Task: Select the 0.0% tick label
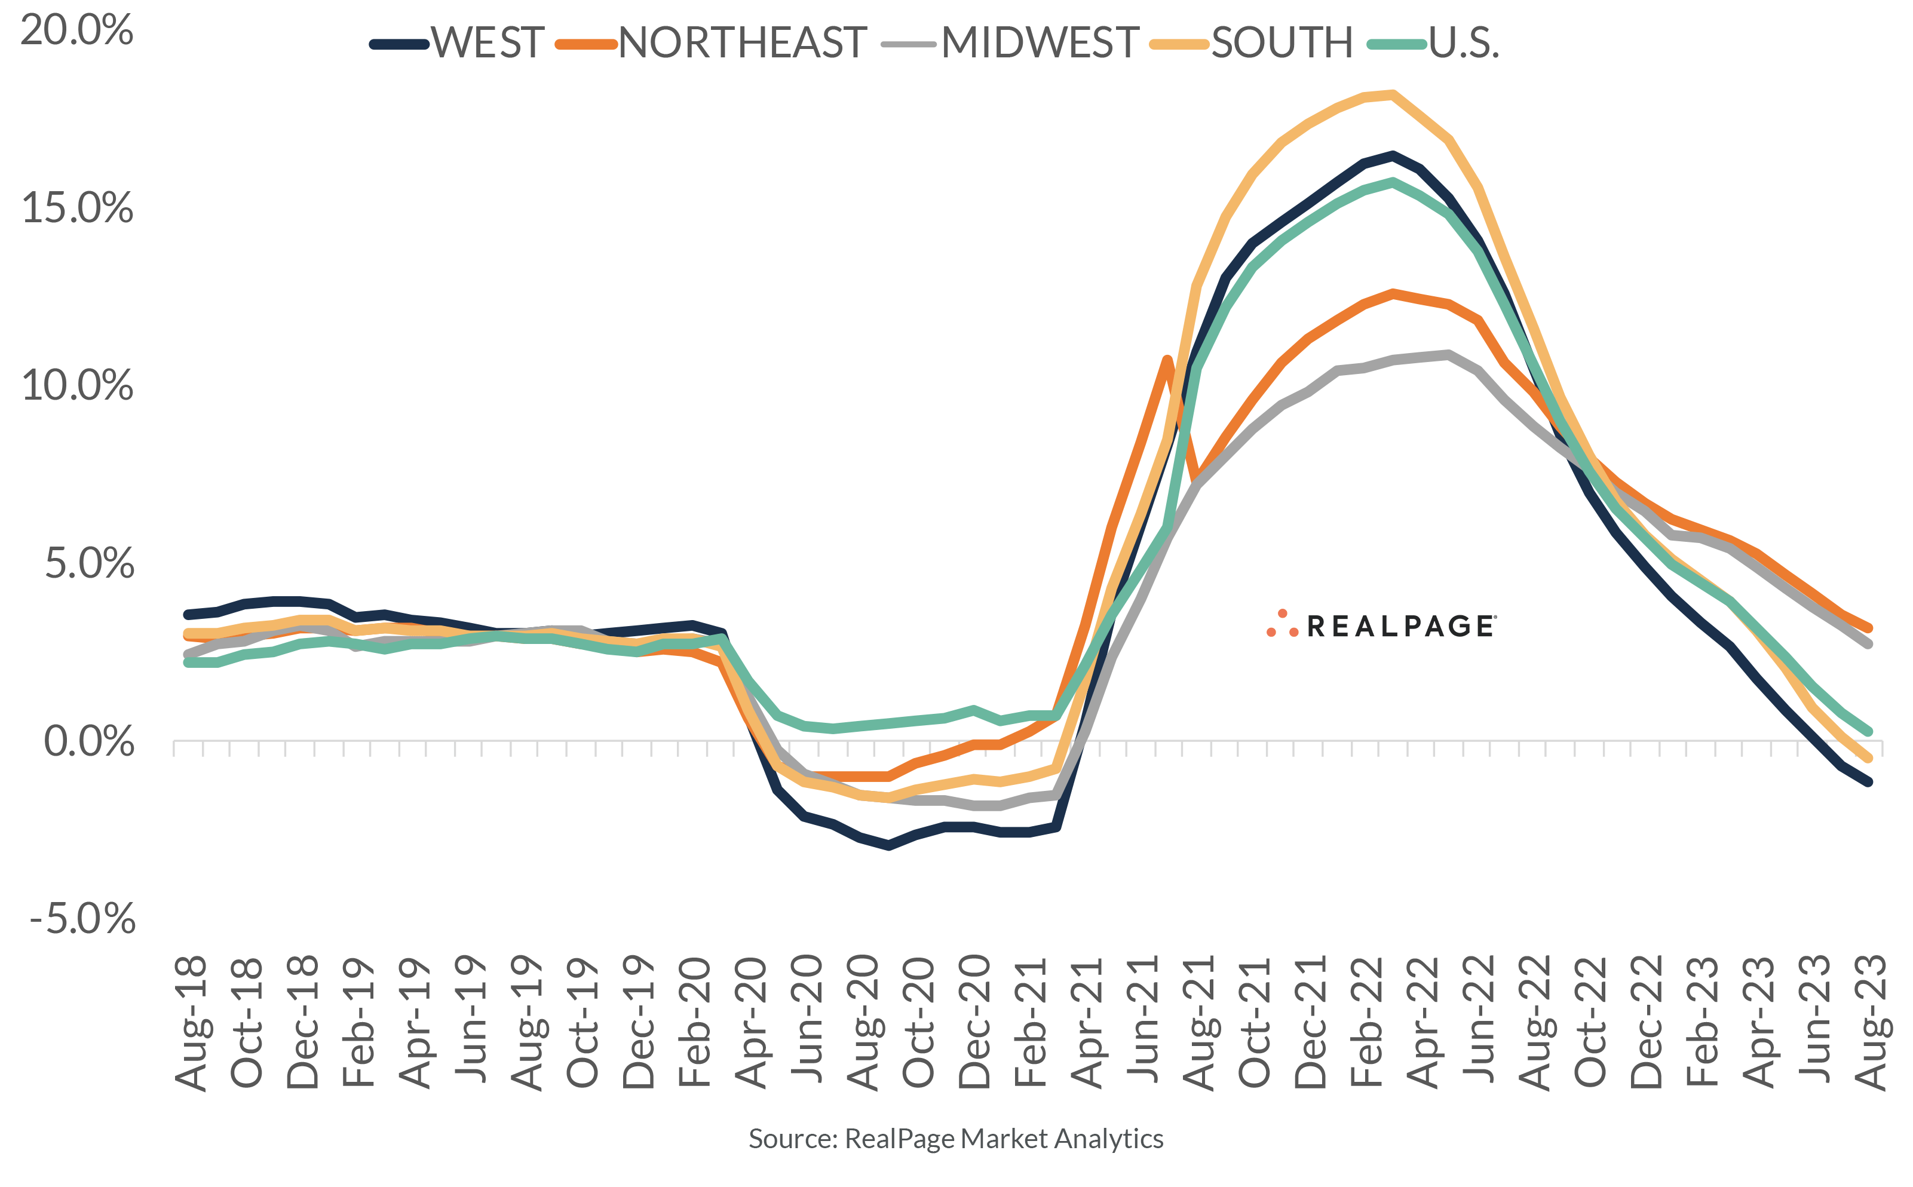click(x=88, y=742)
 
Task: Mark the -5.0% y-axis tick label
click(x=82, y=919)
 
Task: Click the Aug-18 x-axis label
click(x=191, y=1023)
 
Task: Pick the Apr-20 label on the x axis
click(x=750, y=1023)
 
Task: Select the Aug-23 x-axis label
click(x=1870, y=1023)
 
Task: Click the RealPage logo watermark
click(x=1381, y=625)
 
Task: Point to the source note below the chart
click(x=955, y=1139)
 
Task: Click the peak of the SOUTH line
click(x=1393, y=95)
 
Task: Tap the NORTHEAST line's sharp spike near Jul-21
click(x=1167, y=360)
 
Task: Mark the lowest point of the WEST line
click(x=888, y=845)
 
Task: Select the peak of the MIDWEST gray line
click(x=1448, y=354)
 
